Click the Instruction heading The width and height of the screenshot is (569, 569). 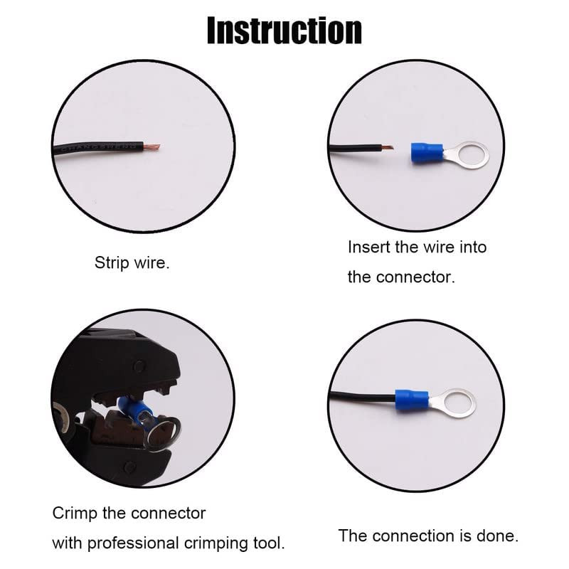pos(284,31)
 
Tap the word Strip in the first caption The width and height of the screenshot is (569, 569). pos(112,262)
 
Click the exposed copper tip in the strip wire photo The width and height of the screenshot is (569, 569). pos(151,147)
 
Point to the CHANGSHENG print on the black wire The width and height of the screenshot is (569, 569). pos(98,148)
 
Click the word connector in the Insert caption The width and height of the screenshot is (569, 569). pos(415,277)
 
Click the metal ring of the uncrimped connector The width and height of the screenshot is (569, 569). pos(468,154)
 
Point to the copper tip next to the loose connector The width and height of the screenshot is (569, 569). pos(387,147)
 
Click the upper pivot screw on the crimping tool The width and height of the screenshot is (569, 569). pos(139,366)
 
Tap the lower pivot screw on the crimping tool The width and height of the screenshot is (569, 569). pos(129,467)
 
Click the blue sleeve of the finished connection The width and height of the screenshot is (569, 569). pos(412,400)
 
